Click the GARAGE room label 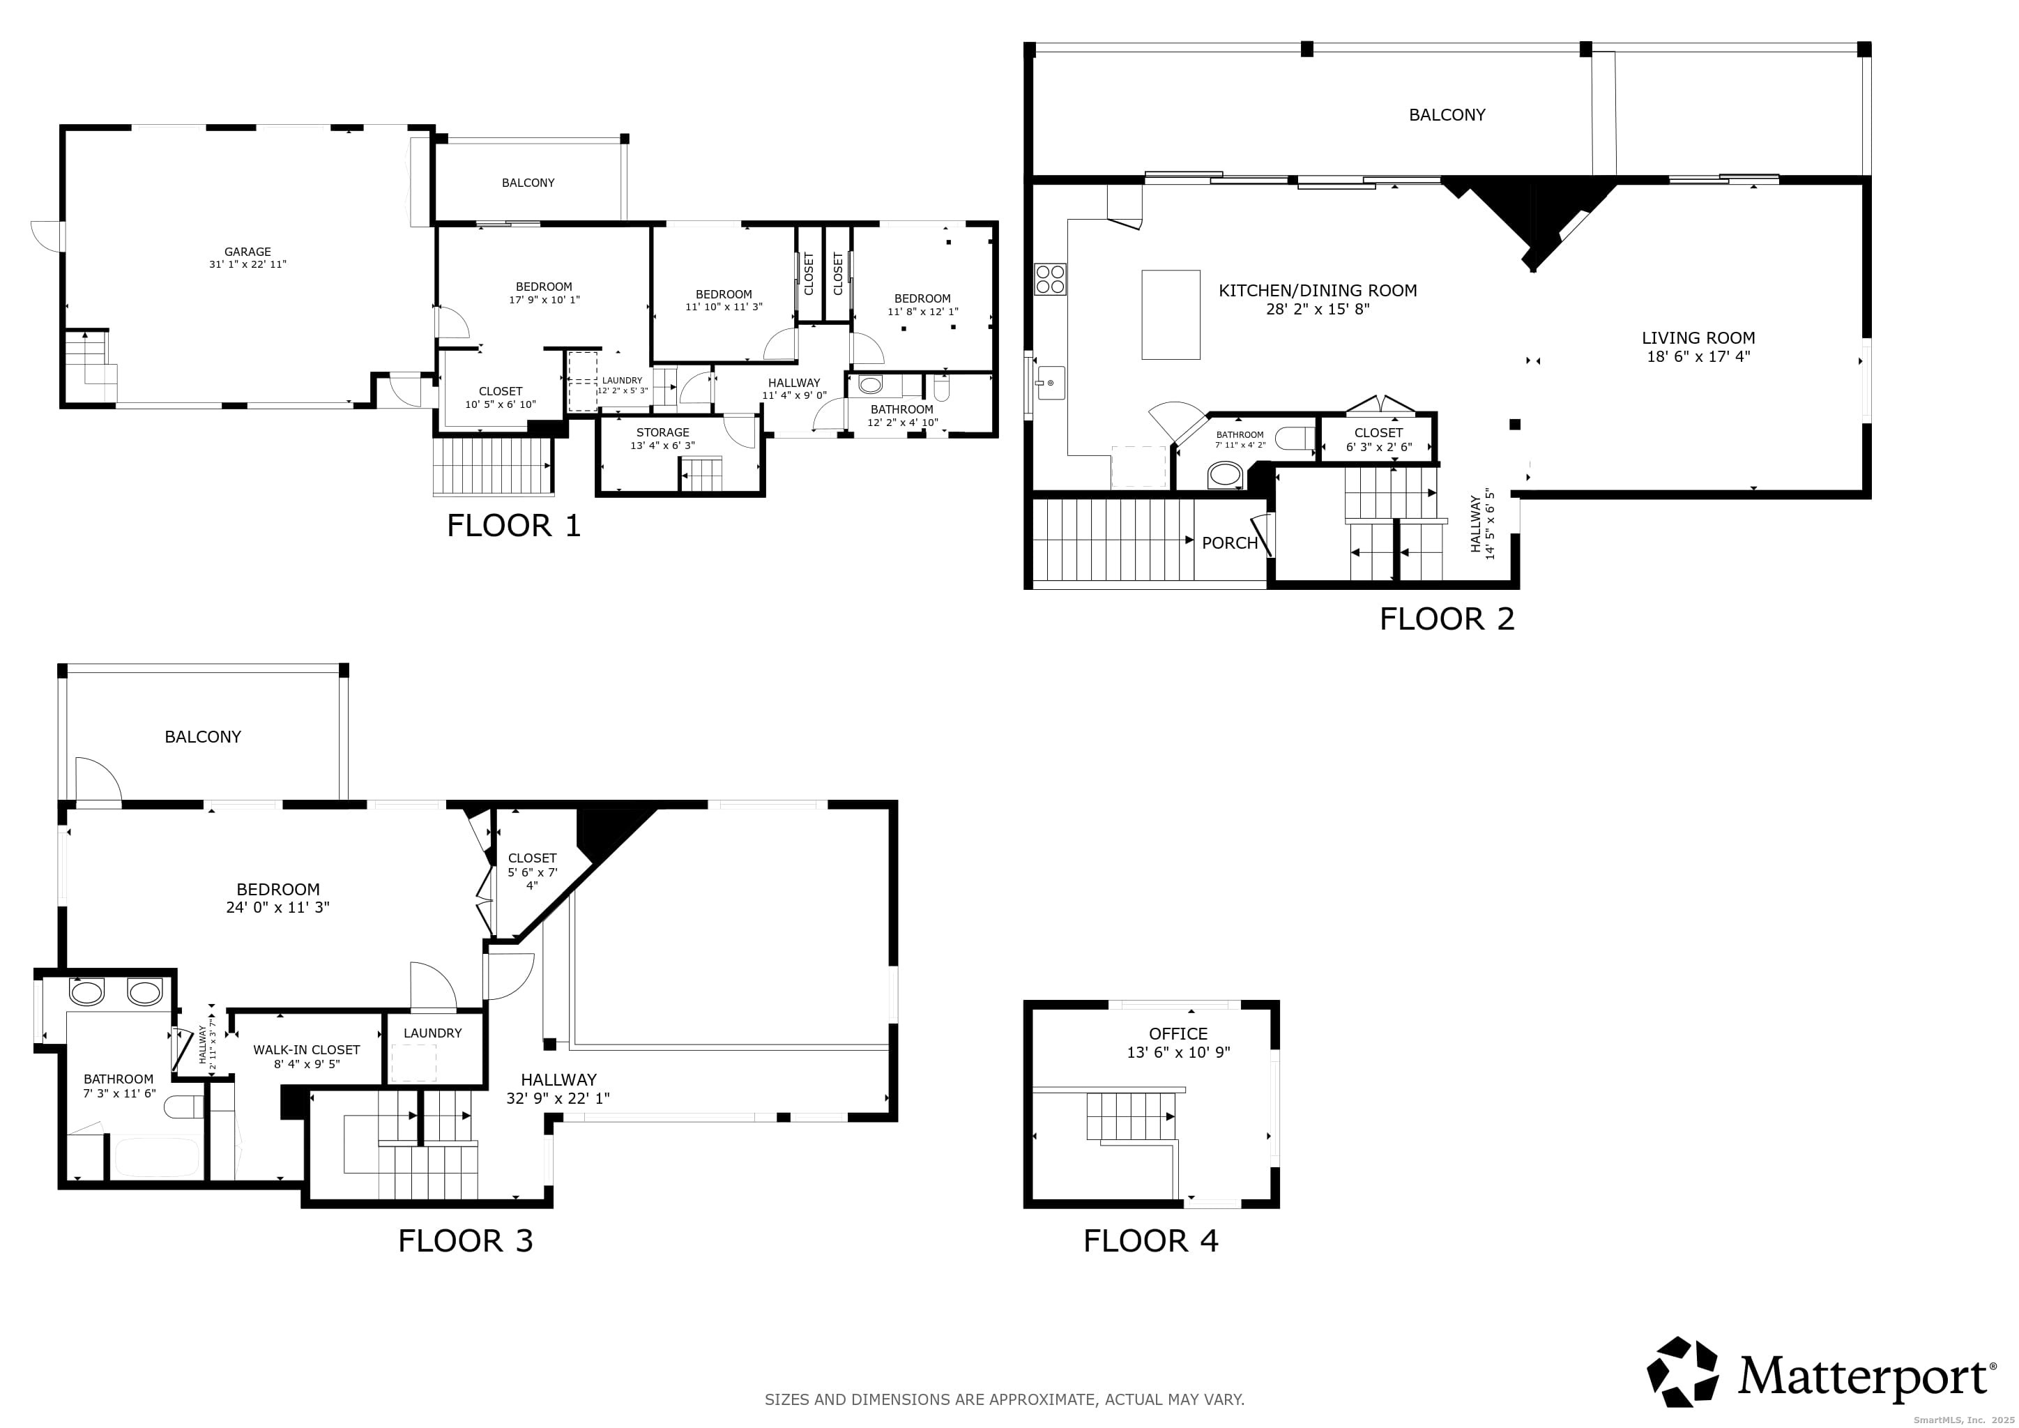point(247,252)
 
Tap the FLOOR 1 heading point(514,526)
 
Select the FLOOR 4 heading point(1150,1240)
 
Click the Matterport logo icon point(1682,1372)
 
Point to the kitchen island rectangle point(1171,314)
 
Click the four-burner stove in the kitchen point(1050,280)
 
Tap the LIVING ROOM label point(1697,337)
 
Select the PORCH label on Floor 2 point(1229,543)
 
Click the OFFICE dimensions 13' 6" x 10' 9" point(1178,1053)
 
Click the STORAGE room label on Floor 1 point(662,432)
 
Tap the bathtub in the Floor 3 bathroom point(157,1157)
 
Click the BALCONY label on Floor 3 point(202,737)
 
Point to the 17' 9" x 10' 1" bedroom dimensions point(543,300)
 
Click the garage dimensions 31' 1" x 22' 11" point(247,265)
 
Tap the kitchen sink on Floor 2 point(1049,383)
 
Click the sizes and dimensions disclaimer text point(1004,1399)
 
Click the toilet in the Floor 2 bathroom point(1295,438)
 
